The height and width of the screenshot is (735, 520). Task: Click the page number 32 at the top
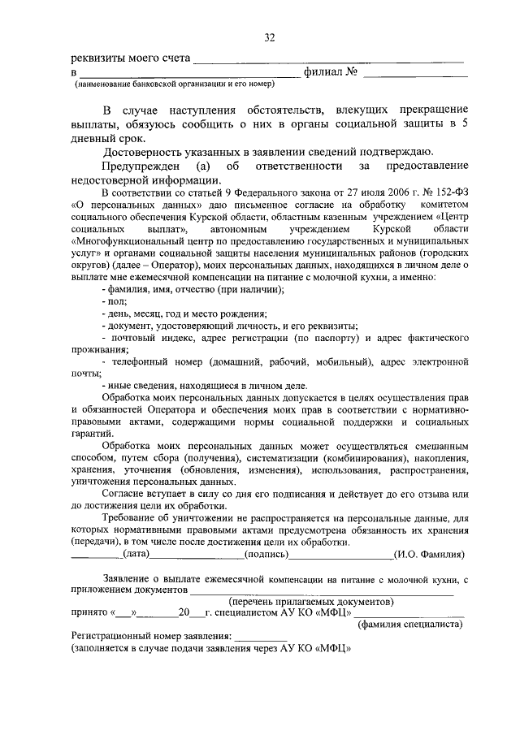[270, 37]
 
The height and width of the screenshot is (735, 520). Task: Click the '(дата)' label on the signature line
[135, 554]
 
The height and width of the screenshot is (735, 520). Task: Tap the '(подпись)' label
[267, 554]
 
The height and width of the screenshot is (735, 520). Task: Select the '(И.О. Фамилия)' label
[428, 554]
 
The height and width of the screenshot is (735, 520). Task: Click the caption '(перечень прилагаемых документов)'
[311, 602]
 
